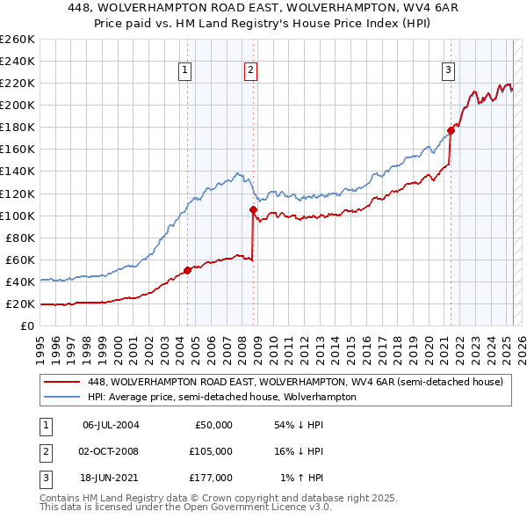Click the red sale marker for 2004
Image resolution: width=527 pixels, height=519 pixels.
click(x=187, y=270)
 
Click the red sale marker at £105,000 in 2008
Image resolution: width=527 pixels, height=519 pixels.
click(x=253, y=209)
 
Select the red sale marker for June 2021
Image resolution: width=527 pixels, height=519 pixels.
click(x=451, y=130)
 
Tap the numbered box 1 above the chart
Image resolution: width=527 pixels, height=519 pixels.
click(x=186, y=71)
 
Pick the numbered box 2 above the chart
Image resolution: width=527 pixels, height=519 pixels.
click(x=251, y=71)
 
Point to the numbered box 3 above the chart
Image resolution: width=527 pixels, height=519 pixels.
click(x=448, y=71)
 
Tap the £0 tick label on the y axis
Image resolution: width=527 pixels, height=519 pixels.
click(x=28, y=326)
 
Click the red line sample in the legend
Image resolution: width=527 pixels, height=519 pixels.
click(x=61, y=383)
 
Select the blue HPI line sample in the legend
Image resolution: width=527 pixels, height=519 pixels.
click(x=61, y=397)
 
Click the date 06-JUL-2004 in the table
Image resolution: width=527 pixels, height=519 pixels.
click(x=111, y=425)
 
